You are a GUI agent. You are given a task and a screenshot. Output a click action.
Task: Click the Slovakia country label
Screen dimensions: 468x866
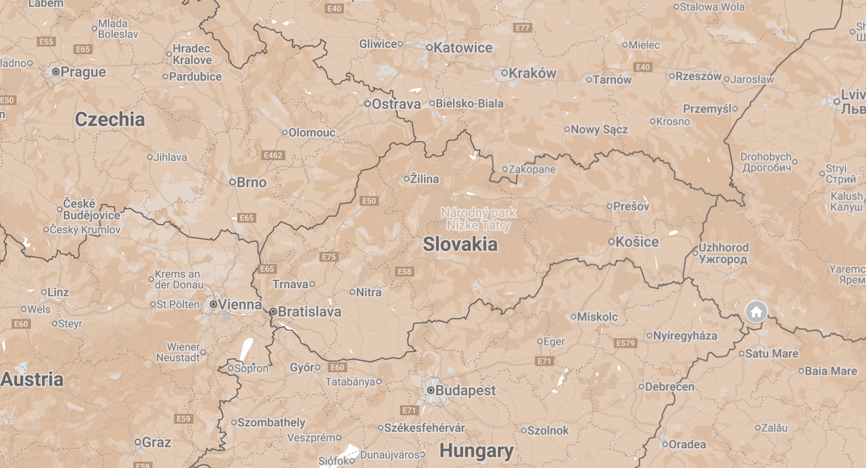(x=460, y=244)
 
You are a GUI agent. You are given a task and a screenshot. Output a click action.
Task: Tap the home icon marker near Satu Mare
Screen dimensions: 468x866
(x=756, y=312)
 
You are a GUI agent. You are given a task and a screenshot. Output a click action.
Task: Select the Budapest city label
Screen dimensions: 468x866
(x=465, y=391)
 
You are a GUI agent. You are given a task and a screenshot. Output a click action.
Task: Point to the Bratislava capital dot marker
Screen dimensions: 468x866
(x=273, y=312)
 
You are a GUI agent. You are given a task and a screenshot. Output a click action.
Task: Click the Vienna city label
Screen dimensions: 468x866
(x=240, y=305)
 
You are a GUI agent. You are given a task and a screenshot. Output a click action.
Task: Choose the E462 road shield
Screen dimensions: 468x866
(x=273, y=155)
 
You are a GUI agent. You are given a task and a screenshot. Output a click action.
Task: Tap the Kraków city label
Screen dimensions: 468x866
(x=532, y=73)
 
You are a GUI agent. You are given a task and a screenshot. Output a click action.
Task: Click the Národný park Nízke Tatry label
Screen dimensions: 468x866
(x=478, y=219)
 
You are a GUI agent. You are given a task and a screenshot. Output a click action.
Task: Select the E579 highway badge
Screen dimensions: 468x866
(x=625, y=343)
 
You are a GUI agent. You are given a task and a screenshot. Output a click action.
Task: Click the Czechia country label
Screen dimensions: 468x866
(x=110, y=119)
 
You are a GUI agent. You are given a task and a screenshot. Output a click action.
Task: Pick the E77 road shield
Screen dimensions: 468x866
(x=522, y=28)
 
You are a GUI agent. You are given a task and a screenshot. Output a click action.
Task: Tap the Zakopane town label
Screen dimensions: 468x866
(x=532, y=169)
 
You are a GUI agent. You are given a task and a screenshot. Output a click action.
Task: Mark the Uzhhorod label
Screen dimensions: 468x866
(x=723, y=253)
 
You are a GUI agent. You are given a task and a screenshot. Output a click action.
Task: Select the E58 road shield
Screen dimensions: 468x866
(x=404, y=272)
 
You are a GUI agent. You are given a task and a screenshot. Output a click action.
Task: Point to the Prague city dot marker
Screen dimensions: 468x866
(x=56, y=72)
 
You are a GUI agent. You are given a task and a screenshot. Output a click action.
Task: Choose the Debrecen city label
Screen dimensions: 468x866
(x=670, y=387)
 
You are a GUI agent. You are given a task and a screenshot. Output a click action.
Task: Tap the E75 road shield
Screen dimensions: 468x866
(x=328, y=257)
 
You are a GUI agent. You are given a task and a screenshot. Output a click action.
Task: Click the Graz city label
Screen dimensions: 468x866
(x=156, y=442)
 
